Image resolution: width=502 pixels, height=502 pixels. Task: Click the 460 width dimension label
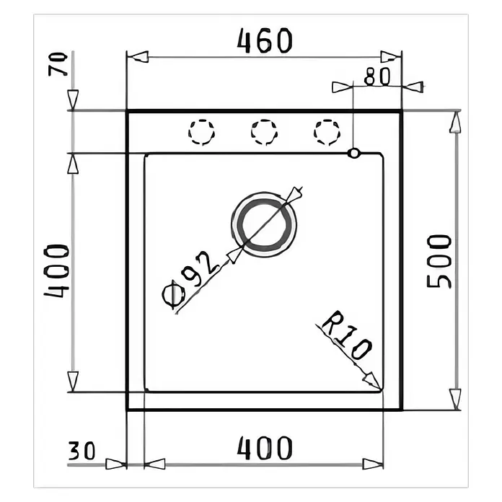click(265, 40)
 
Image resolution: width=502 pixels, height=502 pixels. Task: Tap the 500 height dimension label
click(439, 261)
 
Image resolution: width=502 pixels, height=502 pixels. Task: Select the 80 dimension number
click(378, 76)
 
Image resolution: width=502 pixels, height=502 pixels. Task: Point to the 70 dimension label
click(58, 64)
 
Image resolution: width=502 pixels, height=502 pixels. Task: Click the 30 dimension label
click(82, 451)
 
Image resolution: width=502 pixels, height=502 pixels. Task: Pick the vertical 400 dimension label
click(56, 271)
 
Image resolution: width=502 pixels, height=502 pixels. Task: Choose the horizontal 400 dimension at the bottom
click(265, 448)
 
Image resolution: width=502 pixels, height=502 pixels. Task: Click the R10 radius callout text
click(346, 335)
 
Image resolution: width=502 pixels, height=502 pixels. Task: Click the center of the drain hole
click(264, 225)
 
